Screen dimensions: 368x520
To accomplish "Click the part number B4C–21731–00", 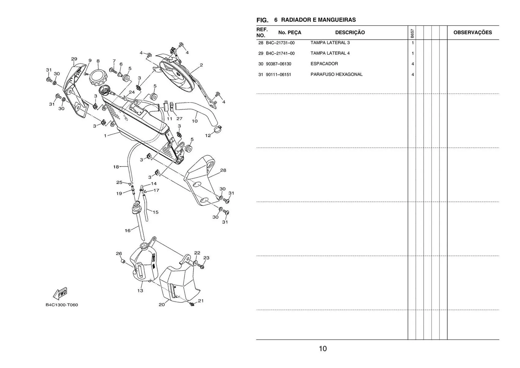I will (x=280, y=43).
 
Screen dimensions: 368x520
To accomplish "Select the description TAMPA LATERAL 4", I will (x=330, y=53).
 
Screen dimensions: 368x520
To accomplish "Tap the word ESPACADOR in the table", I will (x=324, y=64).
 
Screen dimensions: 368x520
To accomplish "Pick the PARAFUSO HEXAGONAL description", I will (x=336, y=75).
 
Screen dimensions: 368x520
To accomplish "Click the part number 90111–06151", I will (x=278, y=75).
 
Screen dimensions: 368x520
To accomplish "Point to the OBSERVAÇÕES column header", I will (x=473, y=33).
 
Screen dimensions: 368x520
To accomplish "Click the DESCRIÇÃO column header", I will (x=350, y=33).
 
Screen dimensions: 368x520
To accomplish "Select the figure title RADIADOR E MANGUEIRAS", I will (x=318, y=20).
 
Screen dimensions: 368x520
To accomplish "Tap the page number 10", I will (x=323, y=348).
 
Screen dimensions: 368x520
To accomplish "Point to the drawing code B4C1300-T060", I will (x=62, y=305).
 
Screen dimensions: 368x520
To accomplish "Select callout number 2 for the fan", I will (x=201, y=65).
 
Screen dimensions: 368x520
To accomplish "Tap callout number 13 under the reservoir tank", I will (x=140, y=290).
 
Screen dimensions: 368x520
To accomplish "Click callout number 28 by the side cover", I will (x=223, y=170).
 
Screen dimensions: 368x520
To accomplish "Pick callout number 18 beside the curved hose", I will (x=116, y=167).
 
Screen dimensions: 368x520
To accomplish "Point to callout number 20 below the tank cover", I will (x=162, y=305).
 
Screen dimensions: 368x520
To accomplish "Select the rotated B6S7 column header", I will (x=412, y=33).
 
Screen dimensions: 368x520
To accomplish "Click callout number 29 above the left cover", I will (x=74, y=59).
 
